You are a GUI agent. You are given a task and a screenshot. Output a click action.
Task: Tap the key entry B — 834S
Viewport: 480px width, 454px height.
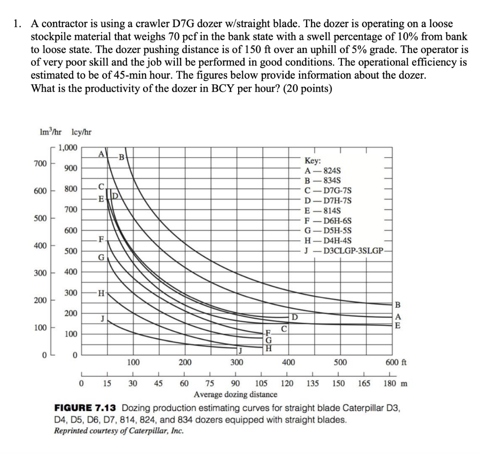point(323,180)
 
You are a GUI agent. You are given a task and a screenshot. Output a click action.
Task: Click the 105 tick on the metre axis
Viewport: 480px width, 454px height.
point(261,384)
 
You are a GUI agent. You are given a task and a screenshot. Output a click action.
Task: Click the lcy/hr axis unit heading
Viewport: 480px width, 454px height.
point(81,132)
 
